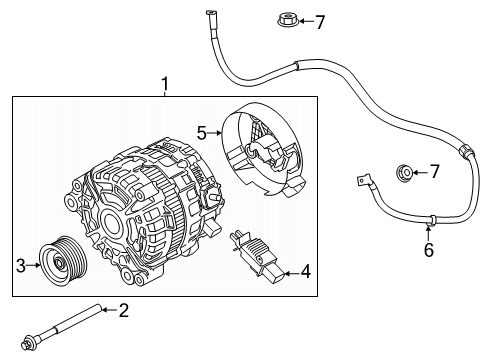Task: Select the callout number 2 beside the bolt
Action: click(124, 310)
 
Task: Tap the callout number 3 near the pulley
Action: click(18, 265)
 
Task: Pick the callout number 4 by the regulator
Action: click(306, 270)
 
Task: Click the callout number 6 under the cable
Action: click(428, 250)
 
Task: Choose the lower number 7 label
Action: click(434, 173)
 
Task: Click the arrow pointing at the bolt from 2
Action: click(108, 310)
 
